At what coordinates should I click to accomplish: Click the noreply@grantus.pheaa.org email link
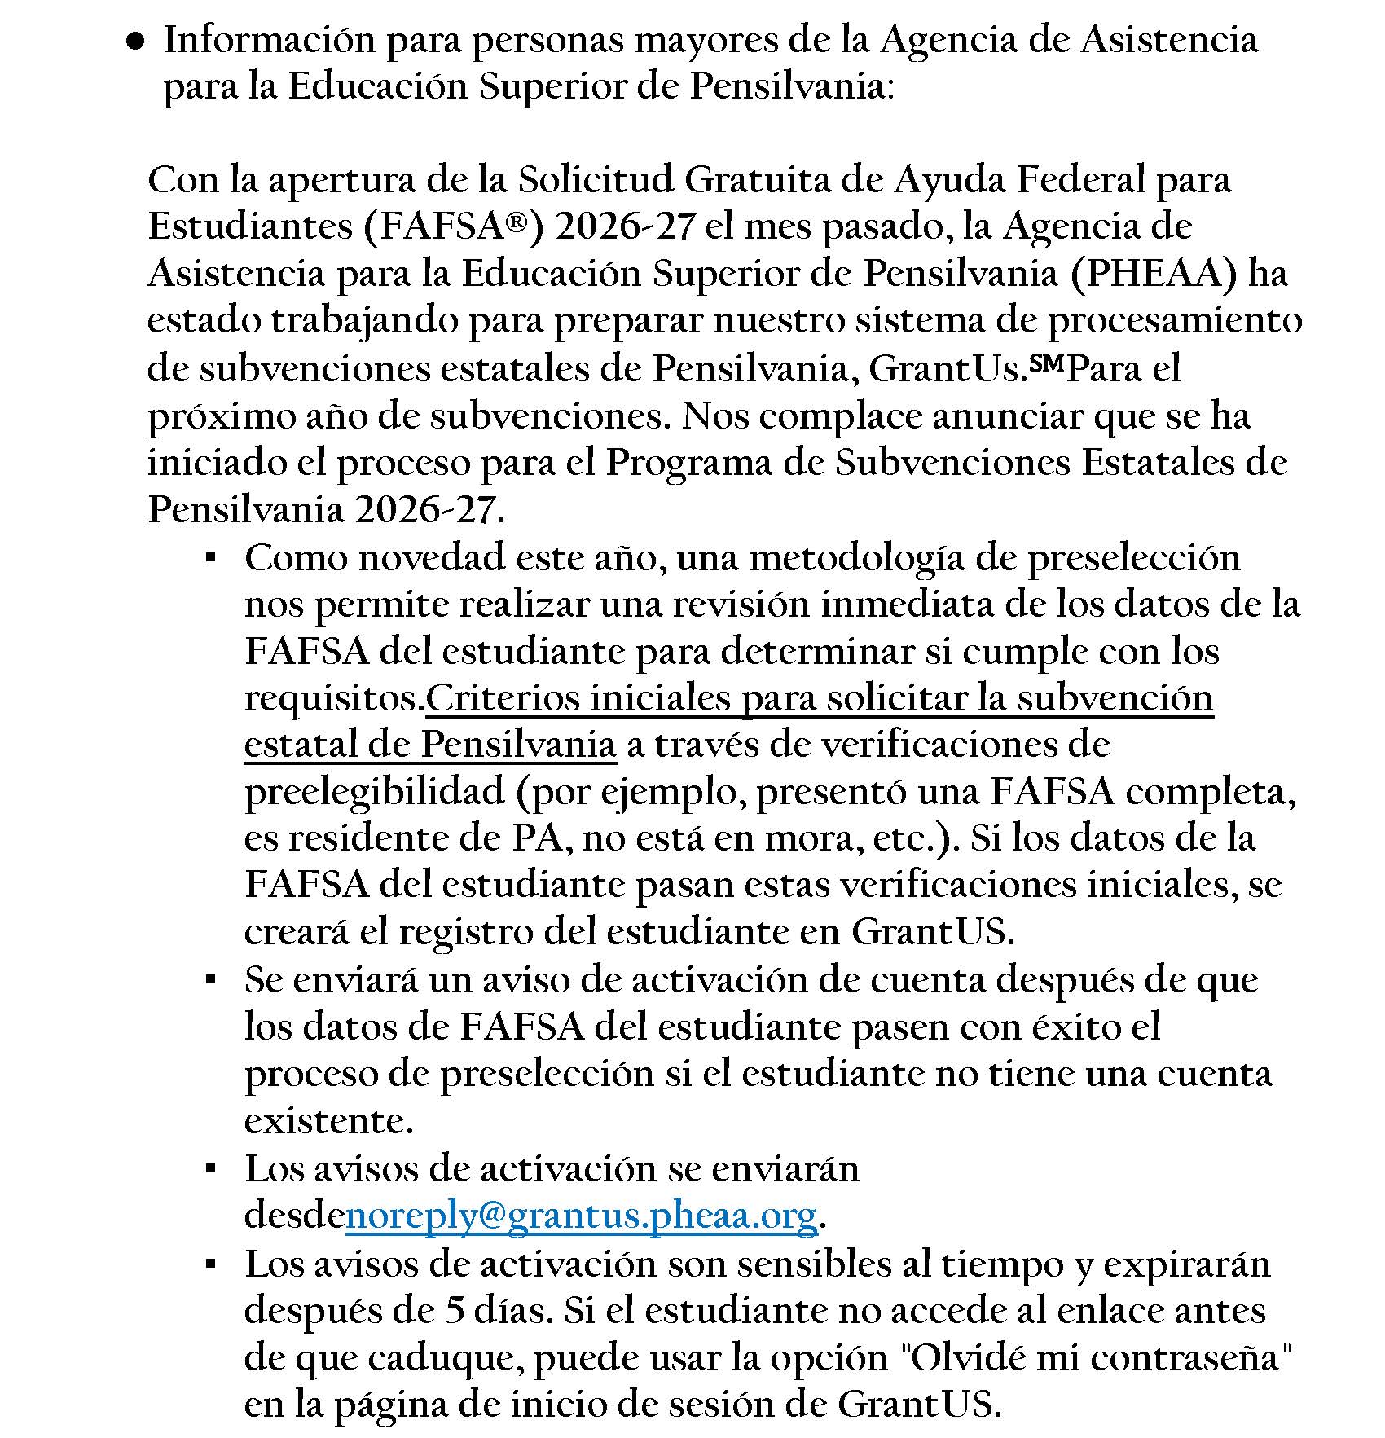click(581, 1216)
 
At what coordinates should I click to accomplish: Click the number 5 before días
click(455, 1311)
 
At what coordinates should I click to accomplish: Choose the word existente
click(328, 1122)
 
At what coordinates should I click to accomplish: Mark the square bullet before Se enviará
click(210, 980)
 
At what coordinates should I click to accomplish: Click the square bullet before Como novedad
click(210, 559)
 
